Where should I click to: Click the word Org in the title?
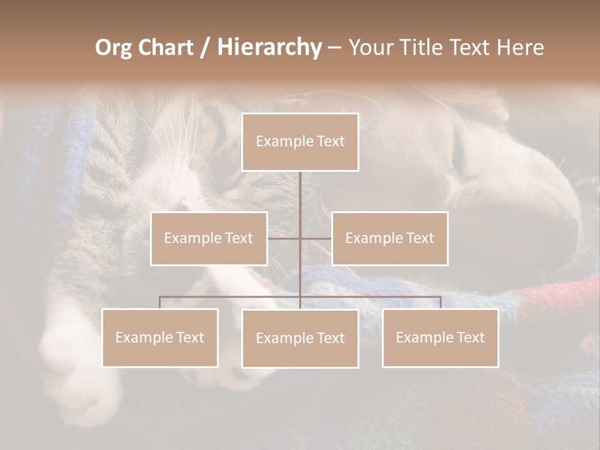(114, 47)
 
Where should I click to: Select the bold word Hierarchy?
(269, 47)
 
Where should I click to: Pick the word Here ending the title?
(520, 47)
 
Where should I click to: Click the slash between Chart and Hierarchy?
(205, 48)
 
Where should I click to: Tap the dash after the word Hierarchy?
(334, 48)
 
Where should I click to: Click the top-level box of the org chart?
(300, 142)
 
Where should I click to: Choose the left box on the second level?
(209, 238)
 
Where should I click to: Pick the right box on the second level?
(389, 238)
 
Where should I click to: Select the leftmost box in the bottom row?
(160, 337)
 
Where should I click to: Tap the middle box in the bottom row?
(300, 338)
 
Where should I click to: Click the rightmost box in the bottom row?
(440, 337)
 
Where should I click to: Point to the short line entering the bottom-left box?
(160, 302)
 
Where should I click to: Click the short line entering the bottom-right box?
(440, 302)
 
